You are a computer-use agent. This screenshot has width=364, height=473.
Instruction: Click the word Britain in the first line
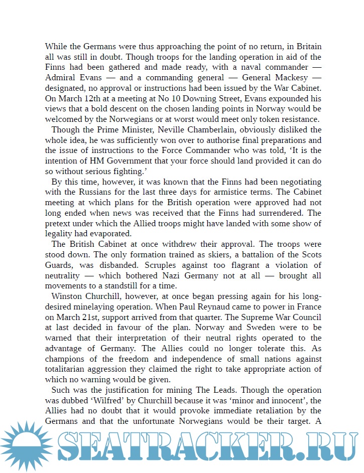tap(306, 46)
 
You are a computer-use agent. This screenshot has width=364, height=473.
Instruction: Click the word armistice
tap(247, 192)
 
